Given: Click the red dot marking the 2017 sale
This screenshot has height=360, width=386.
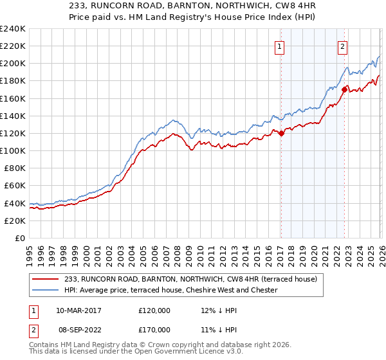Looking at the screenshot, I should coord(281,133).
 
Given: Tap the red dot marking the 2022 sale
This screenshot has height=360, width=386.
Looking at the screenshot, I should coord(344,89).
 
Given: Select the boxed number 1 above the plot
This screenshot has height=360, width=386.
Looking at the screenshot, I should coord(280,46).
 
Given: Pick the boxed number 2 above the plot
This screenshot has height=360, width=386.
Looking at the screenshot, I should coord(343,46).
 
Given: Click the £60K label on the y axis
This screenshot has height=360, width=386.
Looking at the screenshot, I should coord(14,186).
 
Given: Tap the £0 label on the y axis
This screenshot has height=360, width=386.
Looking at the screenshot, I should coord(19,238).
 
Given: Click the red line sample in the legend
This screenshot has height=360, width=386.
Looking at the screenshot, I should coord(45,280).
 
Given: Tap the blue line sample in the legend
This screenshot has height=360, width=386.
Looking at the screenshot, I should coord(45,291).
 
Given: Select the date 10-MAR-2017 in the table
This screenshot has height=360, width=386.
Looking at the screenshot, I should coord(78,310).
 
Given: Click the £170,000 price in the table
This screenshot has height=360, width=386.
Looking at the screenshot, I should coord(154,330).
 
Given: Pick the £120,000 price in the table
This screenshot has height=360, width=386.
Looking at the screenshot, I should coord(154,310).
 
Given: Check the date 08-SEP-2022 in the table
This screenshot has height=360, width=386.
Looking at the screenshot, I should coord(78,330).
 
